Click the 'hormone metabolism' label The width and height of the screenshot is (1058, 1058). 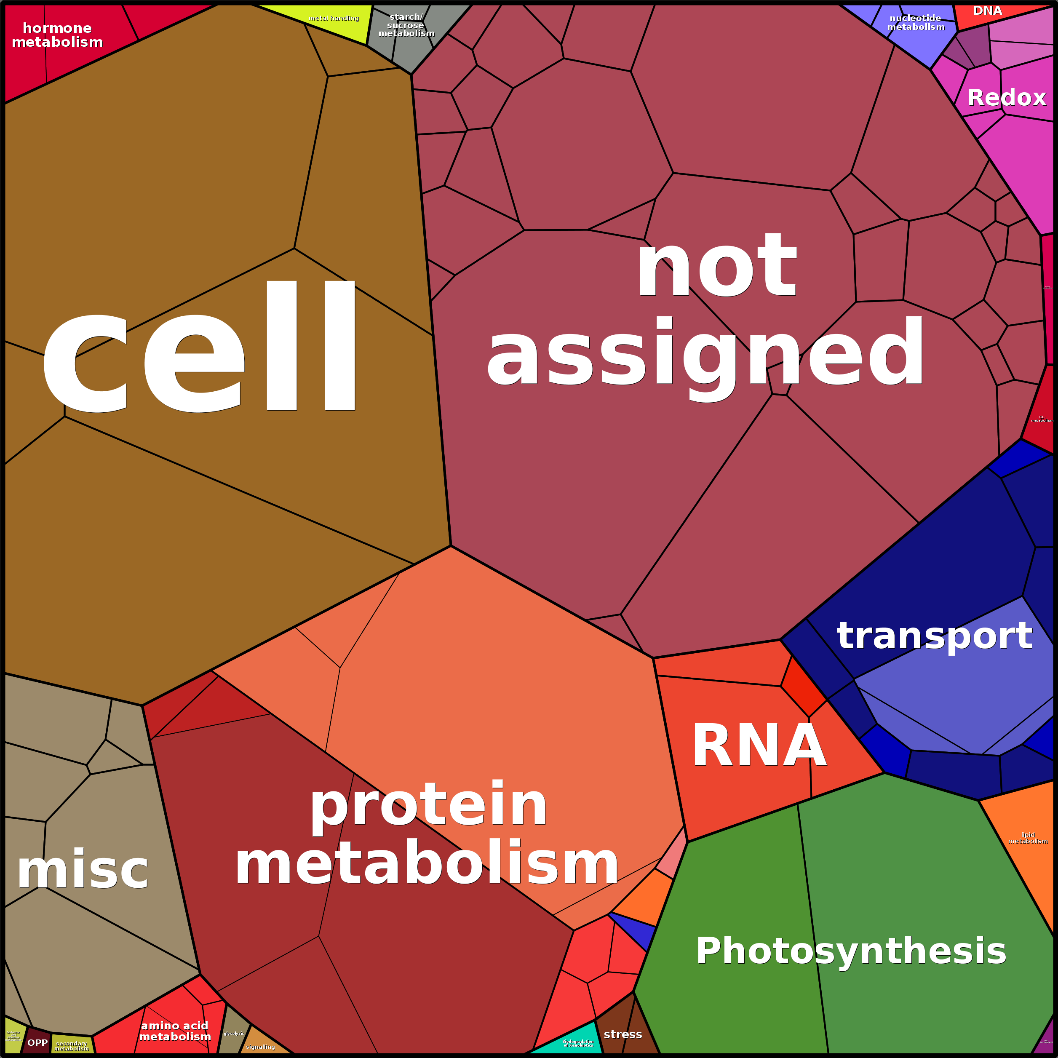(x=57, y=35)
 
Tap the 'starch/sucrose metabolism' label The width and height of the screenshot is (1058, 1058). (x=406, y=25)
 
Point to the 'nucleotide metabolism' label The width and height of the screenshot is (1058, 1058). (x=916, y=22)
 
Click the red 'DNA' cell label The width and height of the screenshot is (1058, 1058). (x=987, y=11)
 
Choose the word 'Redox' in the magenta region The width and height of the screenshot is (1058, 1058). (x=1007, y=98)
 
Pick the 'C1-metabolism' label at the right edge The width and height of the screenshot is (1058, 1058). (x=1042, y=419)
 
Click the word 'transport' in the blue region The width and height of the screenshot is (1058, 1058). (x=934, y=636)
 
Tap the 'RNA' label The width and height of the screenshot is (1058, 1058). (x=759, y=746)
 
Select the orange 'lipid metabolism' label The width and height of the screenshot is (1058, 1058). (x=1028, y=838)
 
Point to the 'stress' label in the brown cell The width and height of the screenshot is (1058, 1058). (x=623, y=1034)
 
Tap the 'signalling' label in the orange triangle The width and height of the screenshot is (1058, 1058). (x=261, y=1047)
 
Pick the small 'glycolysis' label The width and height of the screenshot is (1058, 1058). (x=234, y=1033)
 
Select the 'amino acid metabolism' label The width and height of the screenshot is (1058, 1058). (x=175, y=1031)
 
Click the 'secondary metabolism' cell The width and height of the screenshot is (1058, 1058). (x=72, y=1045)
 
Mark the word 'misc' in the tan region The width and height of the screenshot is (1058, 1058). (x=83, y=871)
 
